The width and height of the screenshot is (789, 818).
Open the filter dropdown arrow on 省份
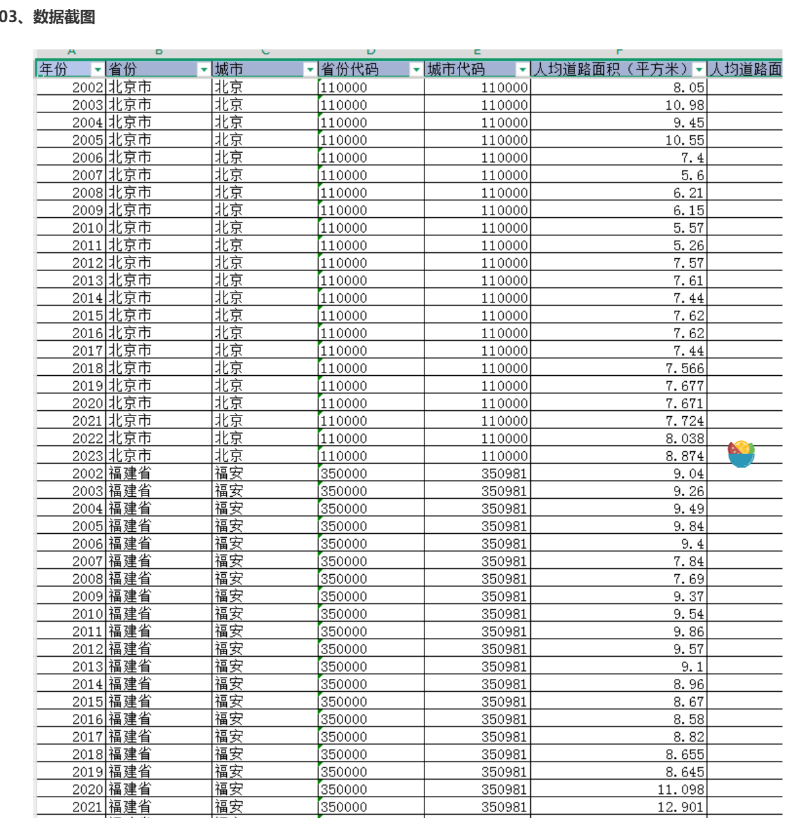[204, 70]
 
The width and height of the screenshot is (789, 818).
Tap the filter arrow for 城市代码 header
[523, 70]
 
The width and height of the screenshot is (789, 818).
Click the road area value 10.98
[684, 105]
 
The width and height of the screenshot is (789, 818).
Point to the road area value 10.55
[684, 140]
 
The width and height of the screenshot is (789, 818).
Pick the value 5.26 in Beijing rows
[688, 245]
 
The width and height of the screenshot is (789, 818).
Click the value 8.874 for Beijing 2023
[684, 456]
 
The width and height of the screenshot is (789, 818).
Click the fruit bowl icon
[741, 454]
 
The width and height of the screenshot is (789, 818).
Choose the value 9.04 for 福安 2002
[688, 473]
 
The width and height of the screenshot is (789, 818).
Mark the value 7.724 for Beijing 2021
[684, 421]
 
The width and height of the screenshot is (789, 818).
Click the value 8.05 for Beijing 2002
[688, 87]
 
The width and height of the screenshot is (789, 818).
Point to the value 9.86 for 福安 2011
[688, 631]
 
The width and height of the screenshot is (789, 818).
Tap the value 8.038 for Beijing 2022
[684, 438]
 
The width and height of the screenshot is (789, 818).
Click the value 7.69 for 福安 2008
[688, 579]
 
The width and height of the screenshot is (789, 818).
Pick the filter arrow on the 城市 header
[310, 70]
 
